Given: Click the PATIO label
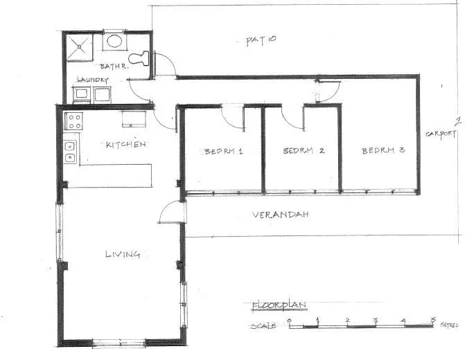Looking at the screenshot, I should click(261, 40).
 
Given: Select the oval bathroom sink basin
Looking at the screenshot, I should click(114, 42).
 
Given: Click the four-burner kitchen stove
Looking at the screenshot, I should click(73, 123).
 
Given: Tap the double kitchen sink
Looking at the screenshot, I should click(69, 152).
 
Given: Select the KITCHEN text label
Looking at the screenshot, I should click(125, 145).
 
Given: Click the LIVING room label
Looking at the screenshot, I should click(123, 254).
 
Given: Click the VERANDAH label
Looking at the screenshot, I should click(280, 215).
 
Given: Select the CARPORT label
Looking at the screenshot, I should click(440, 133).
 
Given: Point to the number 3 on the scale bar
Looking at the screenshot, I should click(374, 320).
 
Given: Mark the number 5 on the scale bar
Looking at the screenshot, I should click(434, 319).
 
